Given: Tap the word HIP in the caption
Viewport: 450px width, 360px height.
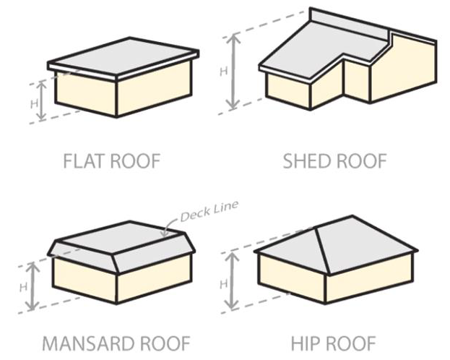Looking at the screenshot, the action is click(x=304, y=342).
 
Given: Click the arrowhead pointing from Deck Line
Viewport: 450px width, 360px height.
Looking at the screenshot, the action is click(x=165, y=233).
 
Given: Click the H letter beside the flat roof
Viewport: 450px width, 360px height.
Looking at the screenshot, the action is click(x=33, y=103).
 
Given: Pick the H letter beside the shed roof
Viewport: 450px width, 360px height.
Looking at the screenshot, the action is click(x=223, y=71).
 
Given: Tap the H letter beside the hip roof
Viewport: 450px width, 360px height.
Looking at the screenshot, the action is click(x=222, y=282).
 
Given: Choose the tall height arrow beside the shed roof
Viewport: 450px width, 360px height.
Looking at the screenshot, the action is click(x=233, y=72).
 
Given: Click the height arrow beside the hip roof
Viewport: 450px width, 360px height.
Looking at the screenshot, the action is click(x=232, y=281).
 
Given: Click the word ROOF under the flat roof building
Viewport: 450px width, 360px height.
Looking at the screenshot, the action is click(x=136, y=160).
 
